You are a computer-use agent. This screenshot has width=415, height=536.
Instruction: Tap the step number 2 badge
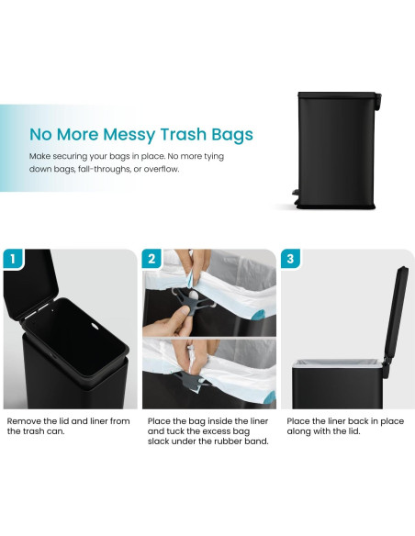point(152,259)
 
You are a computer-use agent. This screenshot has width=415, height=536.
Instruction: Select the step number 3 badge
point(291,259)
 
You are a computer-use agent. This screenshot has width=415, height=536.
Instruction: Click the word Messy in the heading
point(118,135)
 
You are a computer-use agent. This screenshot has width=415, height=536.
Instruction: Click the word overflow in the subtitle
point(181,169)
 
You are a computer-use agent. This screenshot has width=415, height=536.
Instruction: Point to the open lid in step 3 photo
point(396,312)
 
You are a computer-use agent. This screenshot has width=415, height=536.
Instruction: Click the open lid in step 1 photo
point(32,285)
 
